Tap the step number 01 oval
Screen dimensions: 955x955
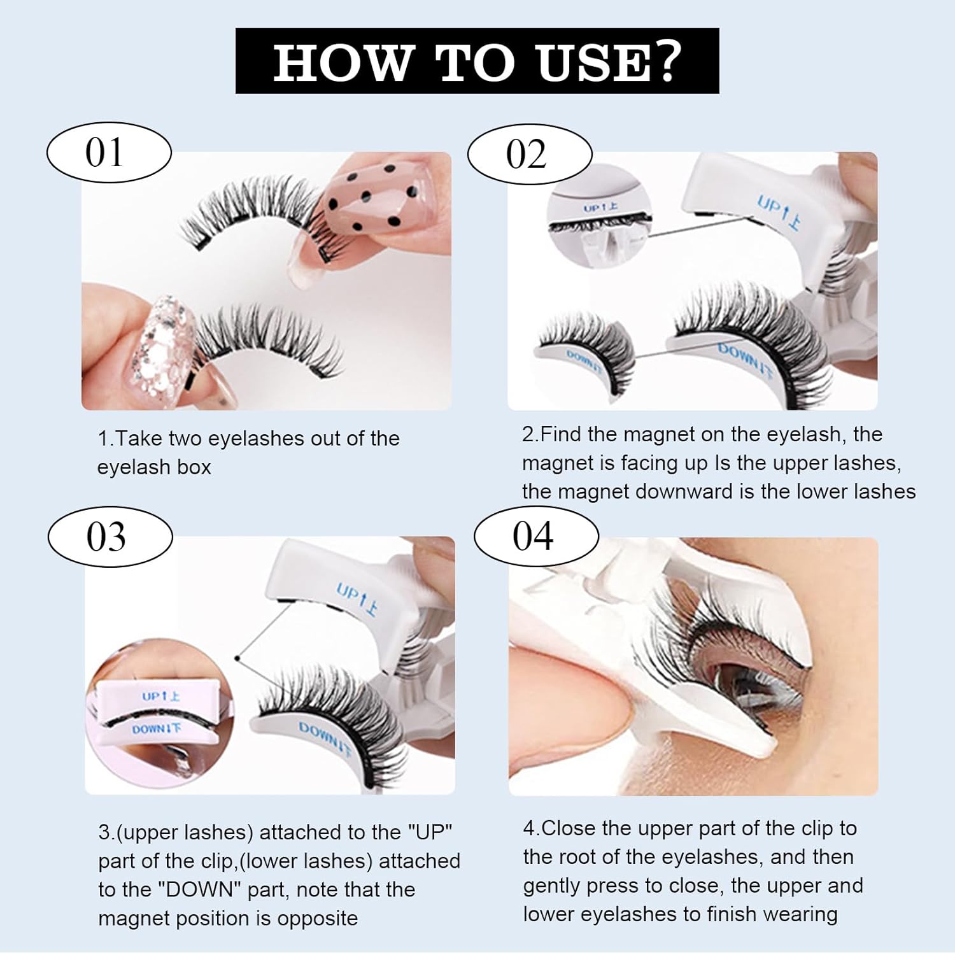pos(109,153)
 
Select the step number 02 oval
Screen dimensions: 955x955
pos(529,155)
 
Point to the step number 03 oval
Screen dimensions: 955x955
pos(110,537)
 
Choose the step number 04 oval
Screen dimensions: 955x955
pos(535,536)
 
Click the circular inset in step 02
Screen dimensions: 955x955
pos(599,220)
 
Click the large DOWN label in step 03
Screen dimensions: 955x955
pos(325,740)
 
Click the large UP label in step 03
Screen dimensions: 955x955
pos(357,599)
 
